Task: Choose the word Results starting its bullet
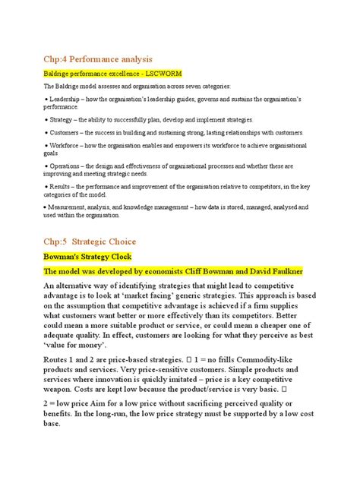(60, 187)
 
